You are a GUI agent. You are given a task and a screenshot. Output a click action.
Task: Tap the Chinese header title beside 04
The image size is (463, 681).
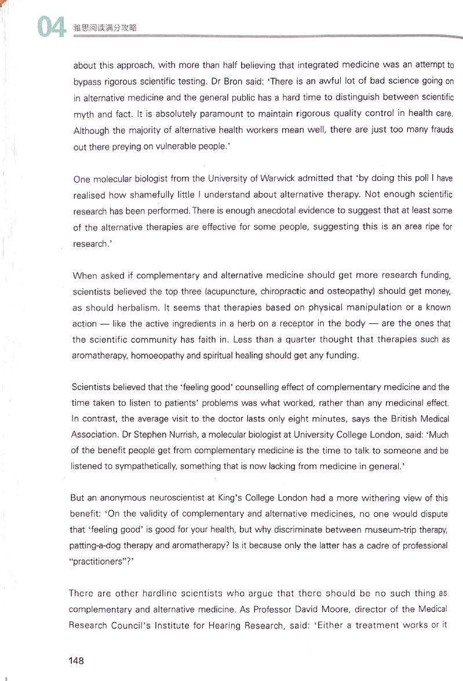coord(105,28)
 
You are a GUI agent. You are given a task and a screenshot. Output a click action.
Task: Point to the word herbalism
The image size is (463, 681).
coord(130,307)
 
